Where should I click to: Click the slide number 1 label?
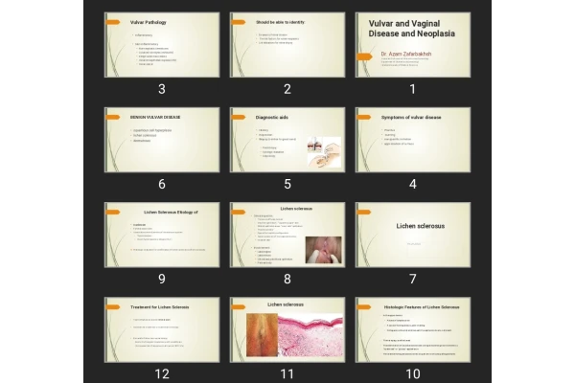click(x=412, y=89)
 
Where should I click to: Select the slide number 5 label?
click(x=287, y=184)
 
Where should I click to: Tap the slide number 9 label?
click(x=162, y=279)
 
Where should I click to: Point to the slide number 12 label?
click(x=162, y=374)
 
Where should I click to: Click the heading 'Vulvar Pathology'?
click(x=148, y=21)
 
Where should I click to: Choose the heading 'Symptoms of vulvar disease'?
click(x=412, y=117)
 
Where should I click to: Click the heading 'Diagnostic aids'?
click(x=273, y=117)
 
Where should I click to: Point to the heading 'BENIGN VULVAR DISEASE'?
click(x=155, y=117)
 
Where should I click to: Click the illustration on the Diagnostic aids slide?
click(x=322, y=150)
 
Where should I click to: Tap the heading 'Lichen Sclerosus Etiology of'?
click(x=161, y=212)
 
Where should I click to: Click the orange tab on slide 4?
click(x=364, y=117)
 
